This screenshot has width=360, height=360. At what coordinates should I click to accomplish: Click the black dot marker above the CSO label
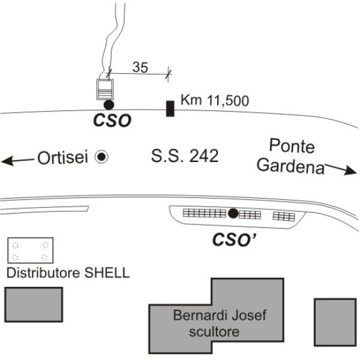109,105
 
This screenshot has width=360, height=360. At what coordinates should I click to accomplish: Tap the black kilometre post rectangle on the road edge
170,109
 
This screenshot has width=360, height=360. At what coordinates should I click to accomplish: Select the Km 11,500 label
215,100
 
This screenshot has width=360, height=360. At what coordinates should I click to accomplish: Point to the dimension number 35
140,67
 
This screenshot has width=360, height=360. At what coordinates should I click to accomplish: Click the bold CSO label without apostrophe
112,121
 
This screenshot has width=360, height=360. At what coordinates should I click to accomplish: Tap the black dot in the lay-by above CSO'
233,213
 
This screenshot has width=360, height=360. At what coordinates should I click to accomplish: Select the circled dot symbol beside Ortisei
101,157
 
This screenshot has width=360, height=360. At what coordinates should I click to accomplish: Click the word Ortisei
62,157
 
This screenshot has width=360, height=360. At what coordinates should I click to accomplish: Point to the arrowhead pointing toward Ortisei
7,161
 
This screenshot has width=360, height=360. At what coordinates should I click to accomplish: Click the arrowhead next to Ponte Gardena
350,170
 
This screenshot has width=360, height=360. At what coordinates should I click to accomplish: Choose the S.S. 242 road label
185,156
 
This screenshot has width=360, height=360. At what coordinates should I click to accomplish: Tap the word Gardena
290,166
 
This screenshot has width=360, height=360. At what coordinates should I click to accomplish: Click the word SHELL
107,273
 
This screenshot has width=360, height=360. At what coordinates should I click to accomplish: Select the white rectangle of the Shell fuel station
31,250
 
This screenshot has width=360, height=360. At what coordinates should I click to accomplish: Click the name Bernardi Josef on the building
220,315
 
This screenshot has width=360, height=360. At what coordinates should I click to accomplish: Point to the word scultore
214,332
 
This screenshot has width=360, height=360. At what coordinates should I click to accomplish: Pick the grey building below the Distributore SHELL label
34,304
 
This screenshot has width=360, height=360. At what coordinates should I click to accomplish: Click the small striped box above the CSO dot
105,89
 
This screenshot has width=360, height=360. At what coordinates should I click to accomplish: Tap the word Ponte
292,146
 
